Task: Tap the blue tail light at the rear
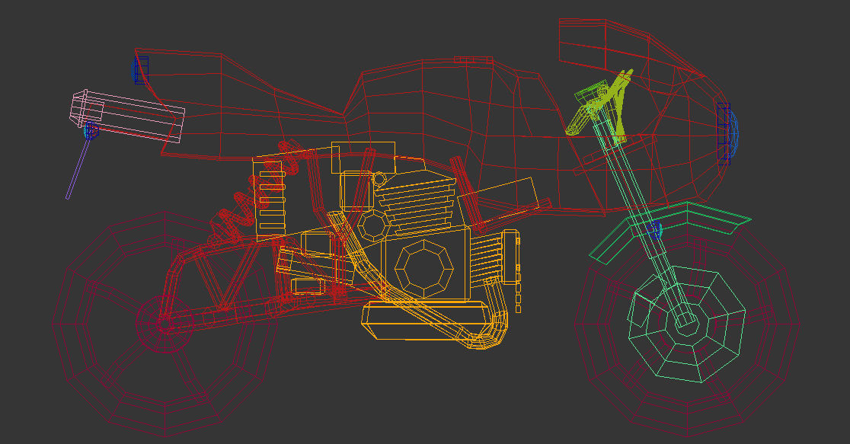click(x=141, y=70)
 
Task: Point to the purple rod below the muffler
click(x=78, y=169)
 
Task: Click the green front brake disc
click(x=685, y=323)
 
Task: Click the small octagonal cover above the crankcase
click(x=374, y=225)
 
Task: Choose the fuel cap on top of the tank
click(x=473, y=59)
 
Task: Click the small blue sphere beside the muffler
click(x=90, y=131)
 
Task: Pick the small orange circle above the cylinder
click(x=379, y=179)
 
